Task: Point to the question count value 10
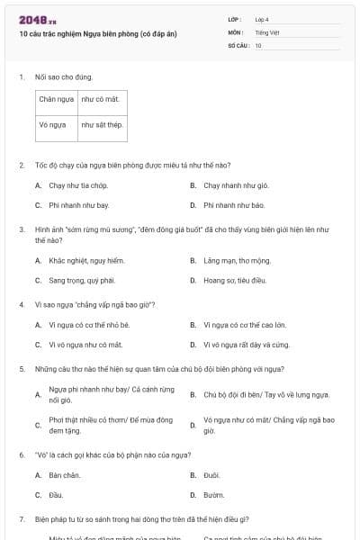(258, 44)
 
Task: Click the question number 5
(21, 368)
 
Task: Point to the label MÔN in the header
(235, 31)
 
